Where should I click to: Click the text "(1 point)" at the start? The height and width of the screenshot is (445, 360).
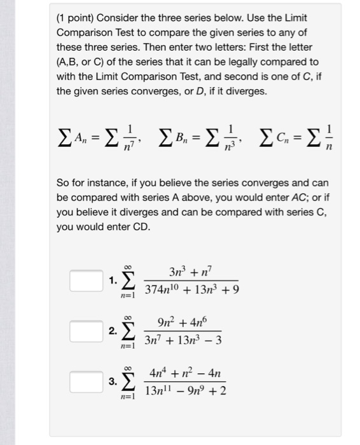click(x=76, y=19)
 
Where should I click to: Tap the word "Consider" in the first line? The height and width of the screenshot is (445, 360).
click(x=121, y=19)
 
